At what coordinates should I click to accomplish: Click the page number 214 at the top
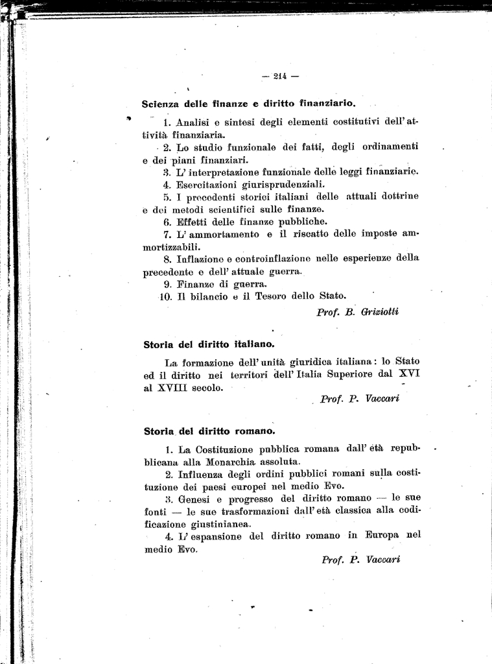click(x=280, y=76)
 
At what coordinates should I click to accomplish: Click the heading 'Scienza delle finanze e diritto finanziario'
click(x=248, y=103)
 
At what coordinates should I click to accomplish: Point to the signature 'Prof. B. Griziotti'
click(x=357, y=312)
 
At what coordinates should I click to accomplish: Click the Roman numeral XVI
click(x=407, y=374)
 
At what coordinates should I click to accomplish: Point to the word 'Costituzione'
click(x=228, y=449)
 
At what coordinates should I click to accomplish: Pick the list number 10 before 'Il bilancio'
click(x=165, y=296)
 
